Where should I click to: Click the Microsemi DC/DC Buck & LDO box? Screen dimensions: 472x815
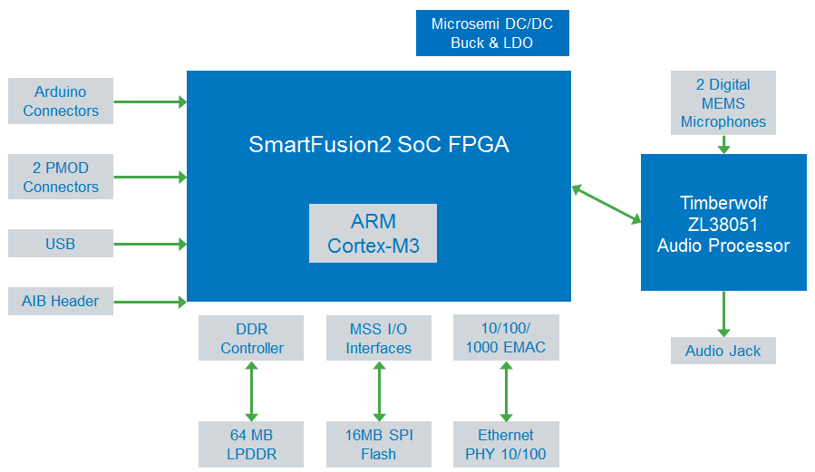point(491,34)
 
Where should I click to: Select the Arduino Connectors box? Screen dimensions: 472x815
point(61,101)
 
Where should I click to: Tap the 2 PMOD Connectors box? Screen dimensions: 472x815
point(61,177)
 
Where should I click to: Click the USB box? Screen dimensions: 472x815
point(61,244)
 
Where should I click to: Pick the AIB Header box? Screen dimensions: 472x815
point(61,301)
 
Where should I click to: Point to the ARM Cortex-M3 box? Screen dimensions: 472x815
point(373,234)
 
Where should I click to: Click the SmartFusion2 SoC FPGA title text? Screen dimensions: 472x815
point(379,145)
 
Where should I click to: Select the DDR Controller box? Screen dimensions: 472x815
point(252,338)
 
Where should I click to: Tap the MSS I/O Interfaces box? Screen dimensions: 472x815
point(379,338)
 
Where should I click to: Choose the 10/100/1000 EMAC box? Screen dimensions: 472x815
point(506,338)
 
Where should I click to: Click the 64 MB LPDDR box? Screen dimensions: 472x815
point(252,444)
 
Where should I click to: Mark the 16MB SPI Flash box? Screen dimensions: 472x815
point(379,444)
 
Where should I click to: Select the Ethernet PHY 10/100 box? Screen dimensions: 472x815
point(506,444)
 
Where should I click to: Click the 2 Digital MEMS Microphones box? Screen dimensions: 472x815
point(723,103)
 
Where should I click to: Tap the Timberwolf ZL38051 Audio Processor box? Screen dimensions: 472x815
point(723,223)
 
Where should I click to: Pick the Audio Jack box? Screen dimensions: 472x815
point(723,351)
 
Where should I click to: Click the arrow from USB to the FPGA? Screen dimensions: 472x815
point(150,244)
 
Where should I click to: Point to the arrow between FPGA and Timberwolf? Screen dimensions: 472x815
point(606,204)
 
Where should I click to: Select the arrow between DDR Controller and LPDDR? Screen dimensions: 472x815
point(252,391)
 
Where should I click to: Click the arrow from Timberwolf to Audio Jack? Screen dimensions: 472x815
point(723,313)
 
